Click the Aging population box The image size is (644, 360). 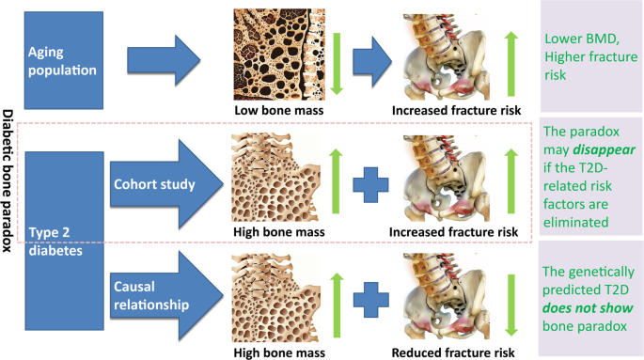(63, 59)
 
